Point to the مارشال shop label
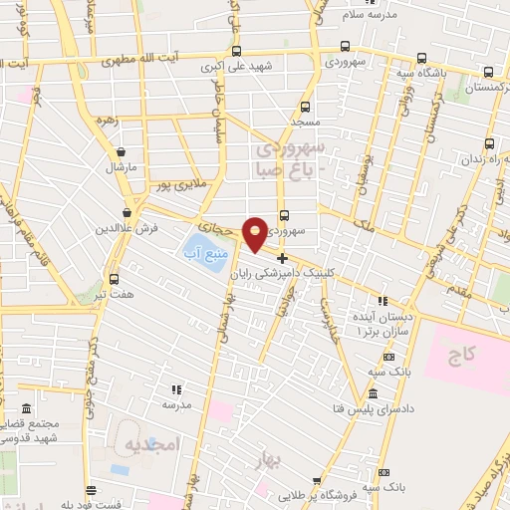(x=122, y=167)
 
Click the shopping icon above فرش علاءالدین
(x=127, y=211)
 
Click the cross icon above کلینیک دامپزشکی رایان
(x=283, y=257)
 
